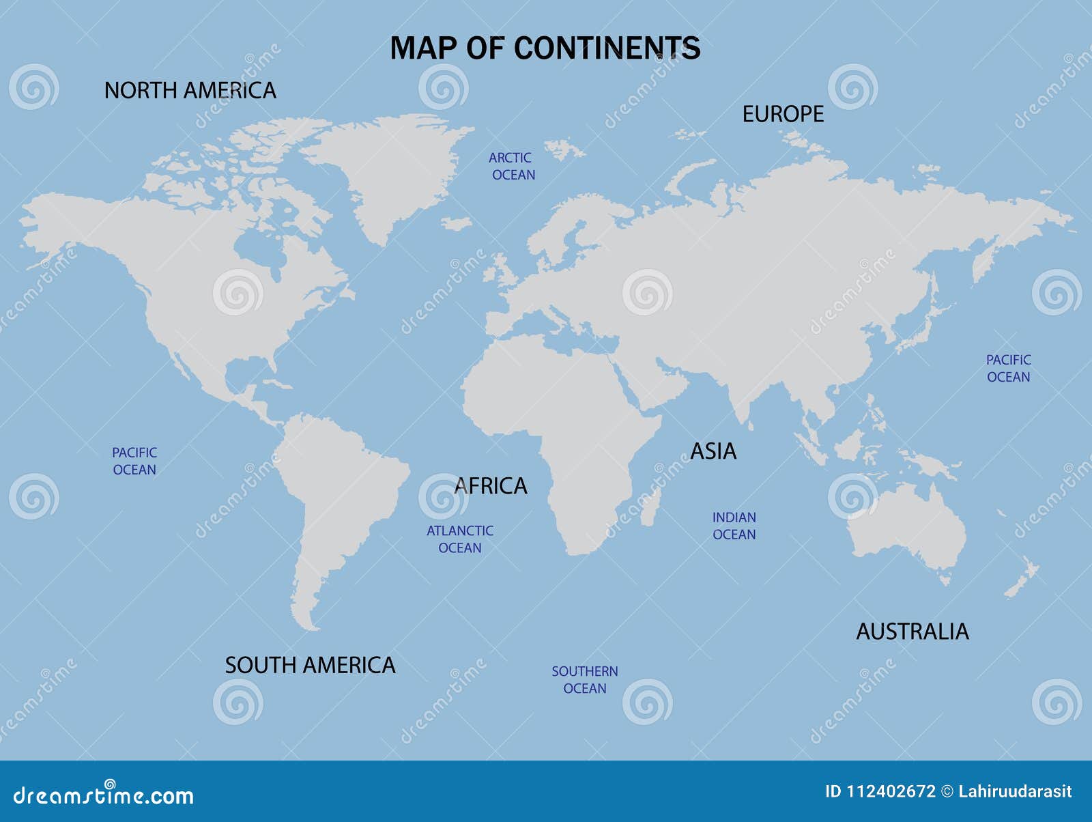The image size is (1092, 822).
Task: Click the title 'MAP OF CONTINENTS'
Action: coord(545,48)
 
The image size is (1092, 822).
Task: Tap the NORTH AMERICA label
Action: coord(190,91)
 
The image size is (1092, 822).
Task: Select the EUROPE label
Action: coord(783,114)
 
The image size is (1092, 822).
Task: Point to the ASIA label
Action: coord(713,451)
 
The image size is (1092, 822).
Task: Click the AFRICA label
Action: coord(491,486)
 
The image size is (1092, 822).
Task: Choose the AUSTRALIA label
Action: coord(912,632)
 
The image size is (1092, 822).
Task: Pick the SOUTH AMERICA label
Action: coord(310,665)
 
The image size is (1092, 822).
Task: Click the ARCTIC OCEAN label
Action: coord(512,166)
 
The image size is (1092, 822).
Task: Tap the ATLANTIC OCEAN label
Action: coord(459,539)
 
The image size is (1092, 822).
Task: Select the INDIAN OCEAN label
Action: coord(734,526)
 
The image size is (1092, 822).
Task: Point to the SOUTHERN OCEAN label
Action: coord(585,679)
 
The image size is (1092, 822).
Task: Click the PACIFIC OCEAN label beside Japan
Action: coord(1008,368)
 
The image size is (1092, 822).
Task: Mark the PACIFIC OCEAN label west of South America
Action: coord(134,461)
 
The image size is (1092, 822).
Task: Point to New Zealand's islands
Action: coord(1021,580)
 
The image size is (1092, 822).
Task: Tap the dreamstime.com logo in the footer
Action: coord(104,795)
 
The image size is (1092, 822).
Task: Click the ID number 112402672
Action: coord(891,791)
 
